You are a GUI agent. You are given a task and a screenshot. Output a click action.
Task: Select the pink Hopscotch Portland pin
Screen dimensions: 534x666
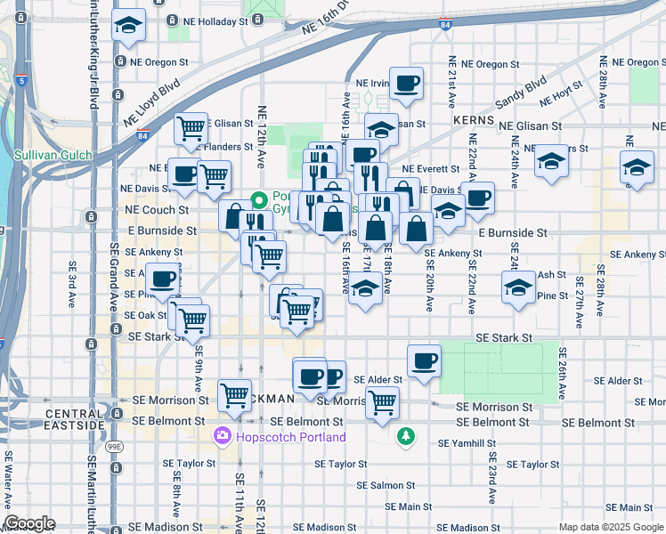(x=222, y=437)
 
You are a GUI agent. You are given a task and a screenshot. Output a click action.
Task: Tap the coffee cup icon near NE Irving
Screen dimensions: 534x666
(x=406, y=85)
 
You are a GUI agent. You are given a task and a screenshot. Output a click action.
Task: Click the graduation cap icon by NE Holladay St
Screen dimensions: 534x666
(x=129, y=26)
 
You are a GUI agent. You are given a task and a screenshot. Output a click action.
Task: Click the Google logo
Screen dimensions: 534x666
(x=29, y=523)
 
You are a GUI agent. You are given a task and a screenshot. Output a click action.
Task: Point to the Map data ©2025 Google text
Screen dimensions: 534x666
(x=610, y=527)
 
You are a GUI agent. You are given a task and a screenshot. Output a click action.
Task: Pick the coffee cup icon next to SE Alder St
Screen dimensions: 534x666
(x=424, y=361)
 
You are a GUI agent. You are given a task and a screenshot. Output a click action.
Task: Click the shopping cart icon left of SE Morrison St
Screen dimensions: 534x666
(x=234, y=392)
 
